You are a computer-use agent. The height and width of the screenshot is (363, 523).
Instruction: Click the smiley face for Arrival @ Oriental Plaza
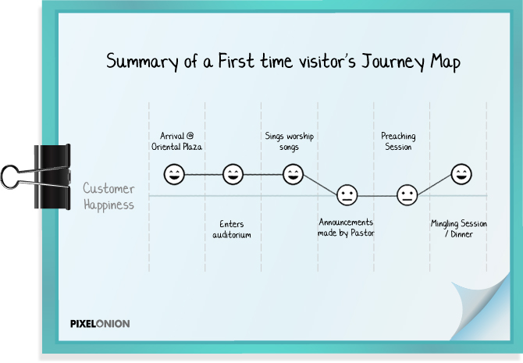(x=174, y=174)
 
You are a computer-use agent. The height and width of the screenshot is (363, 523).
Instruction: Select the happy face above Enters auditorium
(x=233, y=174)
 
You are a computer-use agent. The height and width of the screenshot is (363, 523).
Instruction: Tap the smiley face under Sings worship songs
(x=293, y=174)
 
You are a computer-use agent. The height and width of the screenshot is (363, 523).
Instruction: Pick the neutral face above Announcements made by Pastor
(x=347, y=195)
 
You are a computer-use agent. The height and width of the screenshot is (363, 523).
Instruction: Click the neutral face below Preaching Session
(x=407, y=195)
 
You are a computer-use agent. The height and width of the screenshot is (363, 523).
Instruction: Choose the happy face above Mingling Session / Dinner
(x=461, y=174)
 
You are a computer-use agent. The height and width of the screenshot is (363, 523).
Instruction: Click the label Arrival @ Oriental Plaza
(x=176, y=141)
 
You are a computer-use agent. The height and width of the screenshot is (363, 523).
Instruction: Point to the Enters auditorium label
(x=232, y=230)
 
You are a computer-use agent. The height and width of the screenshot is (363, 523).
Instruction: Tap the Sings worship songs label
(x=289, y=141)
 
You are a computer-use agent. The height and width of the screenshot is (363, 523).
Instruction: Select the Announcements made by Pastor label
(x=346, y=227)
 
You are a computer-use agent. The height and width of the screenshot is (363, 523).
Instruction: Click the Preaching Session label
(x=398, y=141)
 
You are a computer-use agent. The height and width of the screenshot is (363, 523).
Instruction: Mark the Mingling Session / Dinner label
(x=459, y=229)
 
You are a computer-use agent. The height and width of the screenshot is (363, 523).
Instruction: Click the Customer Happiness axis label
(x=109, y=197)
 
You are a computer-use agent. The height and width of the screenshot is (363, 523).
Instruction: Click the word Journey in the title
(x=393, y=62)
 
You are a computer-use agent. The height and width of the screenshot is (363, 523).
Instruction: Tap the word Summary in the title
(x=142, y=62)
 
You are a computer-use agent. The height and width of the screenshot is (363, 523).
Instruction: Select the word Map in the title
(x=445, y=62)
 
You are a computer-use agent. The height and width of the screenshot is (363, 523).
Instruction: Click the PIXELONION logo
(x=100, y=324)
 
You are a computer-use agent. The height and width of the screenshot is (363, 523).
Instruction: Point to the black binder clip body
(x=52, y=177)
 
